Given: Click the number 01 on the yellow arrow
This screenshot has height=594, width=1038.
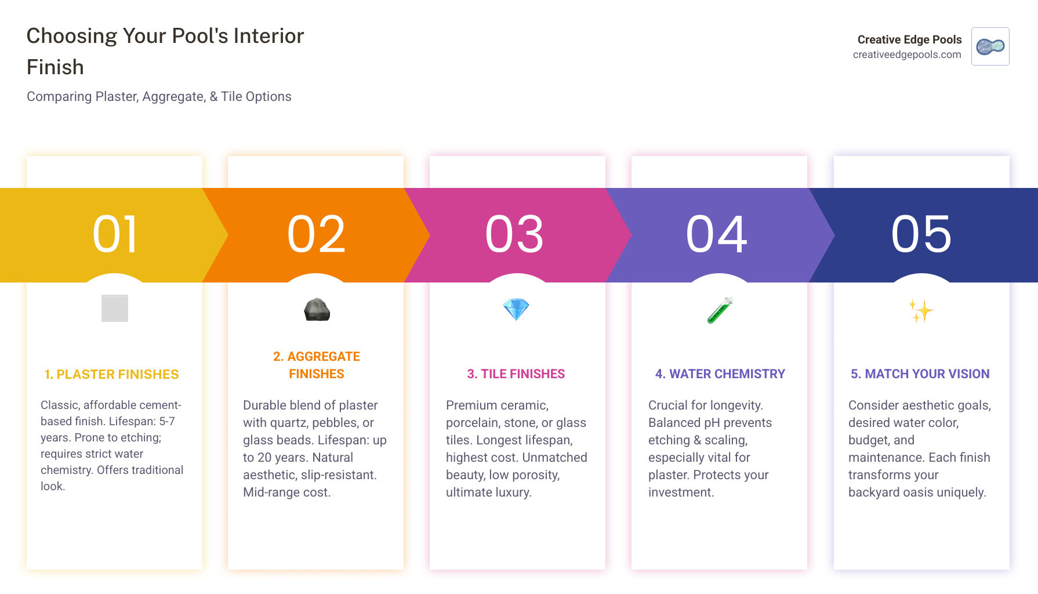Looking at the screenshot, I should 115,234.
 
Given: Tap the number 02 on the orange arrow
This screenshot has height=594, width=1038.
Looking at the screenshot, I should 316,234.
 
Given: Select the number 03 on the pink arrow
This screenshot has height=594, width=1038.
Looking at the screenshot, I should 514,234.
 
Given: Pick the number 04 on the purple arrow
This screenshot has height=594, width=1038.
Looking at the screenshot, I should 717,234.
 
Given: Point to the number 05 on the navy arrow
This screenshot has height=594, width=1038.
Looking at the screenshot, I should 921,234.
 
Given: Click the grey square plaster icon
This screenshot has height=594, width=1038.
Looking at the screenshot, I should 115,308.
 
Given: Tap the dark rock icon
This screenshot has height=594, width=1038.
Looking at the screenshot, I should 317,310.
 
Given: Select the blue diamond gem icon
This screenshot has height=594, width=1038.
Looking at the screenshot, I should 516,309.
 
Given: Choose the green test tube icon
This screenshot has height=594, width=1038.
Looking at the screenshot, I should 720,310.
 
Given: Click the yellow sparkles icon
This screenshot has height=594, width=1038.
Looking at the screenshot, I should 921,311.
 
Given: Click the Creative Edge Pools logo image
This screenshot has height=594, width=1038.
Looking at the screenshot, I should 990,46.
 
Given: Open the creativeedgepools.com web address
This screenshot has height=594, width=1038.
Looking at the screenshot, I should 907,55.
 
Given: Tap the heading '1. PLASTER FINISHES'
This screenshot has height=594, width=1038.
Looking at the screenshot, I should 111,375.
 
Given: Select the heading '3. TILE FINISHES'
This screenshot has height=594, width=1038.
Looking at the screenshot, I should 516,374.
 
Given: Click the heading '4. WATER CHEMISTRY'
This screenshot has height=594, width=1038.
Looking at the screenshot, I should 720,374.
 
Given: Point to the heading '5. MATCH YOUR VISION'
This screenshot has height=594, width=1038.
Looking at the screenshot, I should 920,374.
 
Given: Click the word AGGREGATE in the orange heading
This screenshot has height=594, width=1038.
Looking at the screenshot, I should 324,357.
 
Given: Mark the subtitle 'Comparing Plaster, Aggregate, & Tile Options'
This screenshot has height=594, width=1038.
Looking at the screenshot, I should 159,97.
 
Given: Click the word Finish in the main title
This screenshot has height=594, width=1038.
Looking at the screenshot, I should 56,67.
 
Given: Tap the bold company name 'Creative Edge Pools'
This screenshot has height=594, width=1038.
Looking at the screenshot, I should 909,39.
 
